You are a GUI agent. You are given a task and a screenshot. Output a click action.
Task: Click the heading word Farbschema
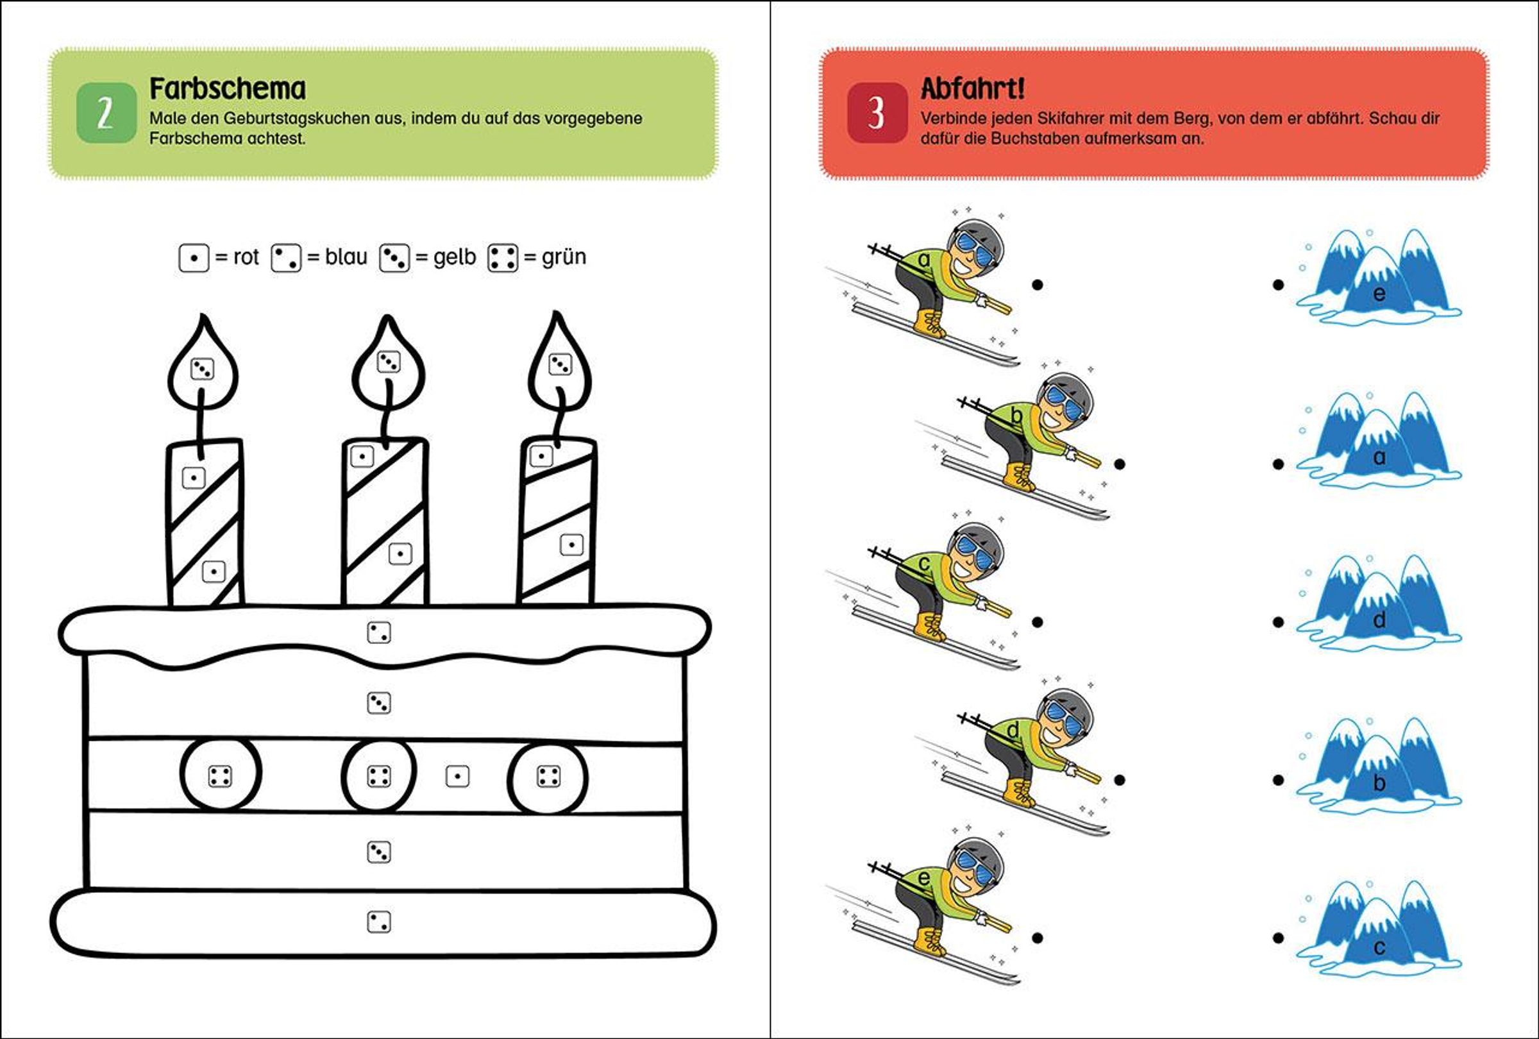227,89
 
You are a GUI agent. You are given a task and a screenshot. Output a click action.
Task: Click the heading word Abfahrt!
972,89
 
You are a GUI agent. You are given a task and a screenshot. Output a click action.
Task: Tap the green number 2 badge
106,114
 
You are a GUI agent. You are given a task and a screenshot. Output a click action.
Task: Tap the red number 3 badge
877,114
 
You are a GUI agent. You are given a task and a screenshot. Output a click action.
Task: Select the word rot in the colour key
246,257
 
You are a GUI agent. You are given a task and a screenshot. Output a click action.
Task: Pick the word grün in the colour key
564,257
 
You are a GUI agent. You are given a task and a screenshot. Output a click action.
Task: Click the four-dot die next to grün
503,258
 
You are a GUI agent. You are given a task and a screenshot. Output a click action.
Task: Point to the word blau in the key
346,257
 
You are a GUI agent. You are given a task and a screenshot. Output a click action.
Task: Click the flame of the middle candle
389,364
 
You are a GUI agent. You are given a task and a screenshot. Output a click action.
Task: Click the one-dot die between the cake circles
458,776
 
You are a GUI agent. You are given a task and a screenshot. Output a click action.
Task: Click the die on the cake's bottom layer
379,922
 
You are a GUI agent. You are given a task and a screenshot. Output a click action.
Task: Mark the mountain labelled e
1379,278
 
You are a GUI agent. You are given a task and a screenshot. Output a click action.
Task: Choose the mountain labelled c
1379,931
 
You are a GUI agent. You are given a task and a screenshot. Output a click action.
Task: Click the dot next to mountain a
1278,464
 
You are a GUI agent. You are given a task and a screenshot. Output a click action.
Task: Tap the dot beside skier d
1120,780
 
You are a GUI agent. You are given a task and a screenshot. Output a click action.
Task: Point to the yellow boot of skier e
931,941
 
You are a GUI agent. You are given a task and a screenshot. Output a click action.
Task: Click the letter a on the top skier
925,260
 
